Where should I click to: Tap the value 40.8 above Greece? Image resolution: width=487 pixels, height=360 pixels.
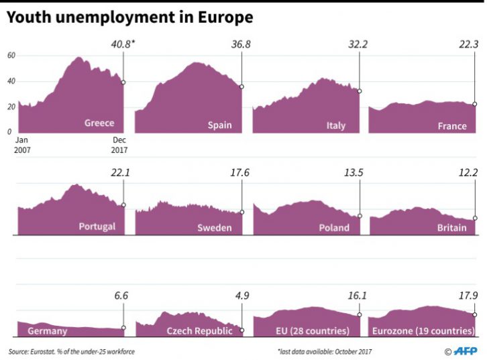tap(122, 46)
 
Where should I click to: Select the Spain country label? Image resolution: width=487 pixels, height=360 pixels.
tap(219, 125)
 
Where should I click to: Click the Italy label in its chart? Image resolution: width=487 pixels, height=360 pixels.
tap(335, 125)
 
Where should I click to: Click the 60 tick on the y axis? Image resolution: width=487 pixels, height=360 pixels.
tap(11, 56)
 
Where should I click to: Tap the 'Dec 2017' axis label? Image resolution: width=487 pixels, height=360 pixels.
tap(119, 145)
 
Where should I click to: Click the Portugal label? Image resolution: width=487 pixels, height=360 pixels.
tap(97, 227)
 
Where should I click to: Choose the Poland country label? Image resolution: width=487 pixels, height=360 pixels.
tap(334, 228)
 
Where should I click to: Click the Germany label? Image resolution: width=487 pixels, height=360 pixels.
tap(47, 331)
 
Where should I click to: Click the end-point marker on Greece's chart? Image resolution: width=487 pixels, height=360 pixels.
tap(123, 82)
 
